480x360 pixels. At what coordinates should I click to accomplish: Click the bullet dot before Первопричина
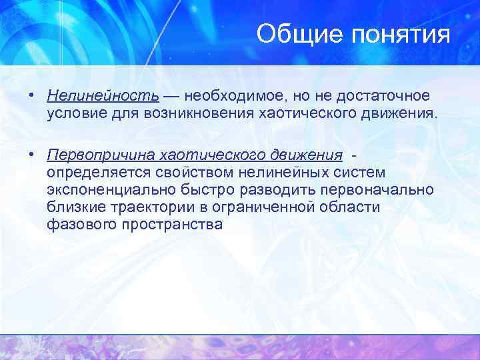(31, 155)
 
